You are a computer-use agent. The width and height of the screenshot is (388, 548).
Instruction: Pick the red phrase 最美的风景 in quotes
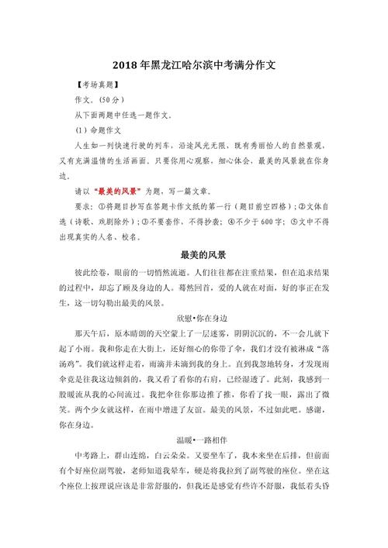pyautogui.click(x=117, y=190)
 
